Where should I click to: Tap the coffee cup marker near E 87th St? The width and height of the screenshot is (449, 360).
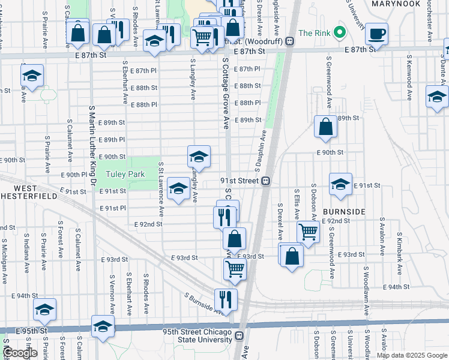click(x=377, y=34)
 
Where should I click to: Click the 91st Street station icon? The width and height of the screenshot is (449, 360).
click(x=265, y=181)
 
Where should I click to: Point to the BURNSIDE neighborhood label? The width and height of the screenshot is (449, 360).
click(x=344, y=212)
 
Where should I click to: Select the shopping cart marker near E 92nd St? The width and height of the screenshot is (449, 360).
click(x=308, y=230)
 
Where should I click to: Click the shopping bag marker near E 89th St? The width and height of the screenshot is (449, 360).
click(x=325, y=127)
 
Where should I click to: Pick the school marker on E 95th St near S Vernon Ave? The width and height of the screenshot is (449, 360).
click(x=103, y=327)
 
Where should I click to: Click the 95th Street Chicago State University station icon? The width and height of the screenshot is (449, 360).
click(x=239, y=336)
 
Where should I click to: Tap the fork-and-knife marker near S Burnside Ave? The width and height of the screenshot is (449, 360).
click(x=225, y=299)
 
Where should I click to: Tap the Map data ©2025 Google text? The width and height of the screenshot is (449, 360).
click(x=412, y=356)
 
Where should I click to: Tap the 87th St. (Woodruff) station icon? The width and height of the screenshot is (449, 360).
click(x=289, y=41)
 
